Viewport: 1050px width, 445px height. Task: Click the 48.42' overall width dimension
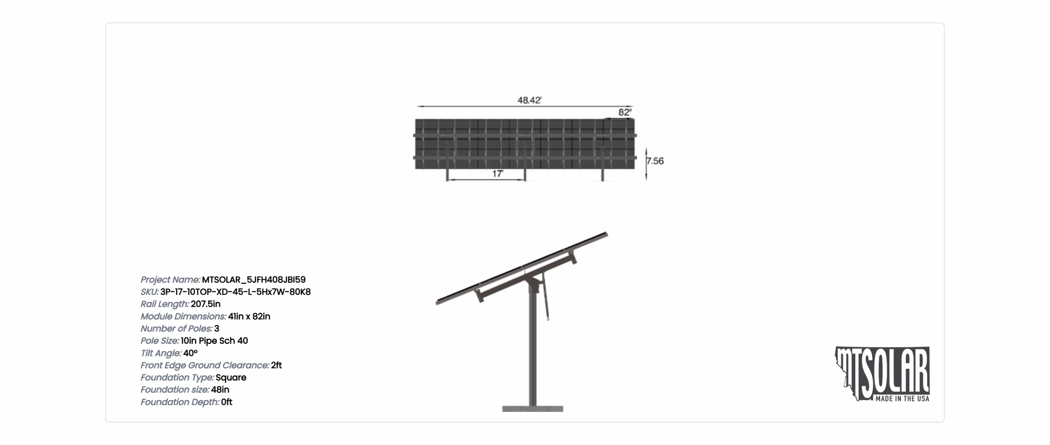[x=529, y=100]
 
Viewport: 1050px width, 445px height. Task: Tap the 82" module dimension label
[x=625, y=112]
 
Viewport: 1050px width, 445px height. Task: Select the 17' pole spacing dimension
[x=497, y=174]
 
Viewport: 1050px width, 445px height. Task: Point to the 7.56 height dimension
[x=655, y=161]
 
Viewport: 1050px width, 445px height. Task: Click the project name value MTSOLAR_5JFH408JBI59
[x=253, y=280]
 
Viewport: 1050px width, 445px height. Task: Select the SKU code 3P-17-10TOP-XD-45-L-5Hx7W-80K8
[x=235, y=292]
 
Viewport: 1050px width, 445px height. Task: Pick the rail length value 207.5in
[x=205, y=304]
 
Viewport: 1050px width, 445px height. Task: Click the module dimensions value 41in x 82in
[x=249, y=316]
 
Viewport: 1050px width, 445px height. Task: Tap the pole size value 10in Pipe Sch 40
[x=214, y=341]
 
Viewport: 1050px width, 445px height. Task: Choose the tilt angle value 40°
[x=190, y=353]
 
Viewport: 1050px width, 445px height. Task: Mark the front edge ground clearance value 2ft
[x=276, y=365]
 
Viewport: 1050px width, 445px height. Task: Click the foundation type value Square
[x=231, y=378]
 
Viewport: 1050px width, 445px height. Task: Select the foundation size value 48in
[x=220, y=390]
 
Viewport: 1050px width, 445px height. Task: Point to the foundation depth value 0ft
[x=226, y=402]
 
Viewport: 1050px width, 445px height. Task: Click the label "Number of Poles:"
[x=176, y=329]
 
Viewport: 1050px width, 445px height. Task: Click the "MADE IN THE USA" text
[x=902, y=399]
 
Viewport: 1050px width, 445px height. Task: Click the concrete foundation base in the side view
[x=532, y=409]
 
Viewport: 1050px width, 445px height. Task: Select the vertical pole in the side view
[x=532, y=349]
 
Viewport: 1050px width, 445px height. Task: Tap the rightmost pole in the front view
[x=603, y=174]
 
